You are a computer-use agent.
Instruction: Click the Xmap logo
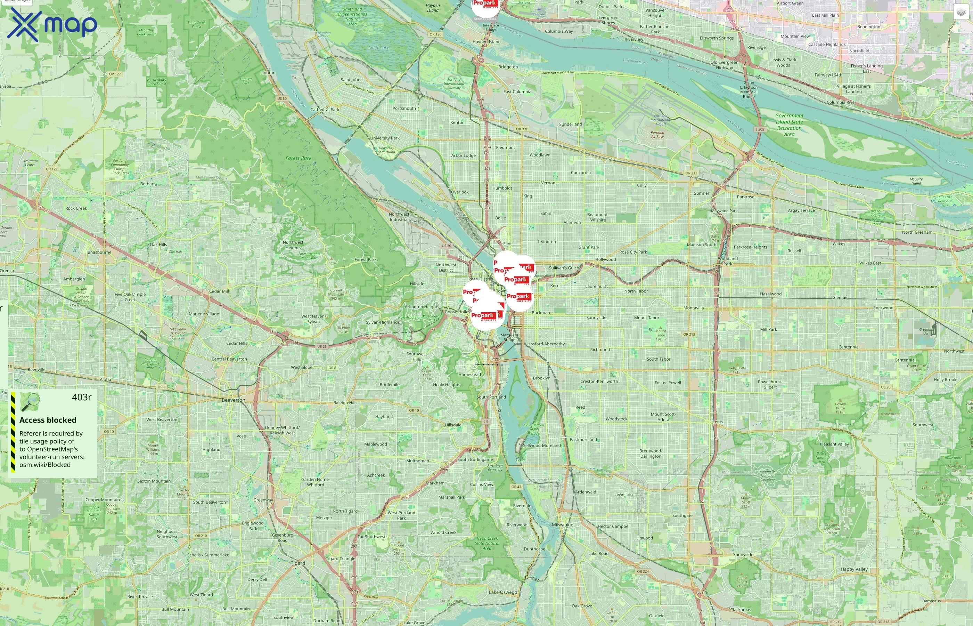coord(52,24)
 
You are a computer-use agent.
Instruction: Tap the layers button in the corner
coord(960,13)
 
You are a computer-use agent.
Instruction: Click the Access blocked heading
coord(48,420)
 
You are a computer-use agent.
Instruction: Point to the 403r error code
coord(81,397)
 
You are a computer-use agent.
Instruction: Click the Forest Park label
coord(299,158)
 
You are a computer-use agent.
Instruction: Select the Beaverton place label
coord(233,400)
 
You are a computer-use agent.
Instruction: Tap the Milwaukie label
coord(563,525)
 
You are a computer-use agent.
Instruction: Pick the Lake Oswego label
coord(503,592)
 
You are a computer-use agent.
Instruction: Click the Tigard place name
coord(298,563)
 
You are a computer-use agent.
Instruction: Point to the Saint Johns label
coord(351,80)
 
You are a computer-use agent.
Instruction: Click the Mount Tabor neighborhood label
coord(646,318)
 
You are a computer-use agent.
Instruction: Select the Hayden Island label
coord(486,42)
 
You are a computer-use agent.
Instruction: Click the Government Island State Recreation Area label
coord(789,125)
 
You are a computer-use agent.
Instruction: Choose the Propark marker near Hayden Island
coord(485,6)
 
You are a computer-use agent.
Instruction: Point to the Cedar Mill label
coord(219,291)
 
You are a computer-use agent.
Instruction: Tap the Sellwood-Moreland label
coord(542,446)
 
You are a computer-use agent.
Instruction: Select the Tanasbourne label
coord(98,252)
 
